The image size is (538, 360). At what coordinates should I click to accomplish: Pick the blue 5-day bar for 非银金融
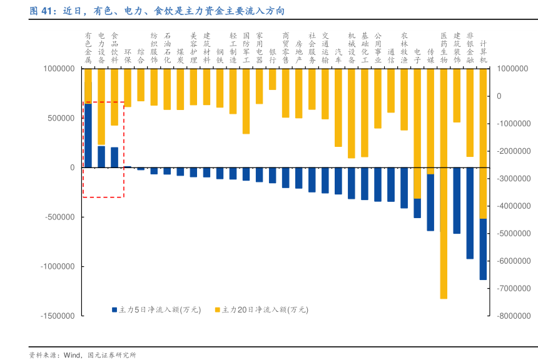[470, 213]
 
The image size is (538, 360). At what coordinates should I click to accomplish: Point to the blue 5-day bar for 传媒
[430, 202]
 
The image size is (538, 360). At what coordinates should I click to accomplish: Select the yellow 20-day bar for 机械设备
[352, 113]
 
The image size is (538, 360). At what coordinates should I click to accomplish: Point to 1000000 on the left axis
[58, 69]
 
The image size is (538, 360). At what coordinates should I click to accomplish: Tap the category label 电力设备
[101, 48]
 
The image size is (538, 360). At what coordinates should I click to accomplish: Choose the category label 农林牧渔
[404, 48]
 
